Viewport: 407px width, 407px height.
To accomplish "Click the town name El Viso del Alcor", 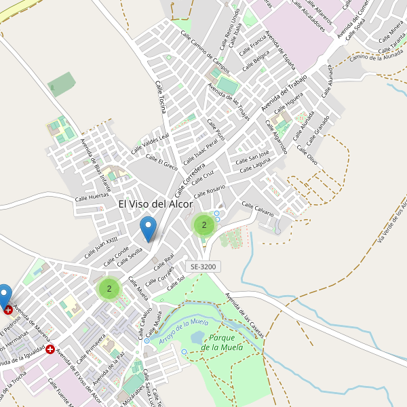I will click(156, 203).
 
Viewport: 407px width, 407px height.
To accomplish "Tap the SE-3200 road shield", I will click(203, 267).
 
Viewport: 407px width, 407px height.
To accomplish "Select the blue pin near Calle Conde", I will click(148, 229).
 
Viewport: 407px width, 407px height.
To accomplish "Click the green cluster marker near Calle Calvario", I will click(204, 225).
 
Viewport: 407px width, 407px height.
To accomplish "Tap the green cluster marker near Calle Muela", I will click(109, 288).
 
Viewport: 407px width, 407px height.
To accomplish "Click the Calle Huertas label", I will click(92, 195).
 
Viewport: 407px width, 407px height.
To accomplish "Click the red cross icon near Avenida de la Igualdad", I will click(50, 349).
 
